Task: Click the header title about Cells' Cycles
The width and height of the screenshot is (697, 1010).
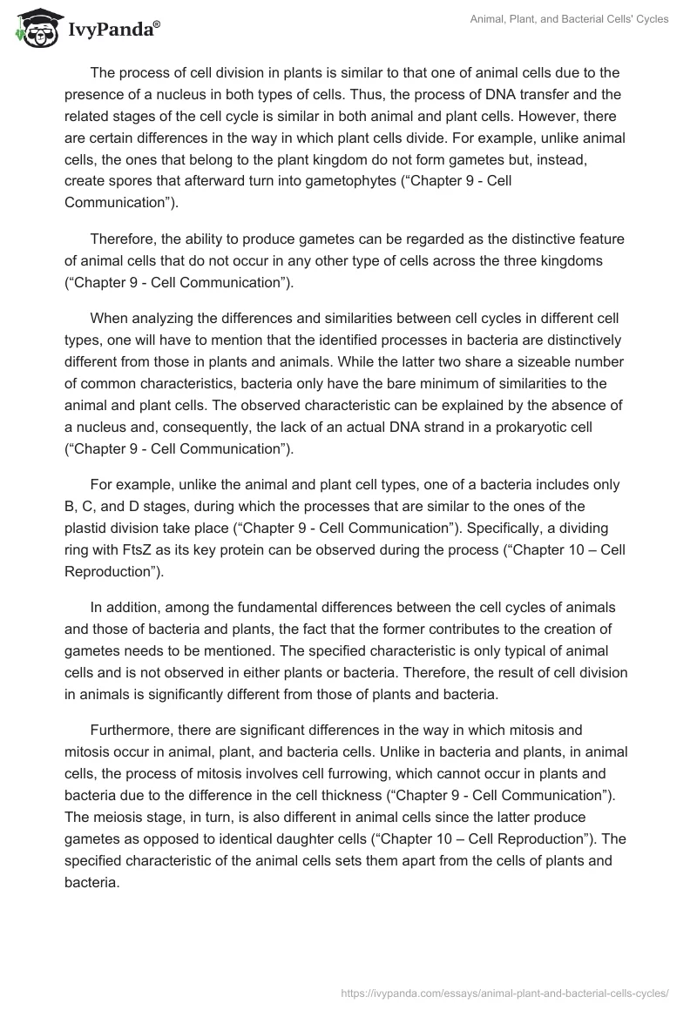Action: [x=571, y=19]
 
